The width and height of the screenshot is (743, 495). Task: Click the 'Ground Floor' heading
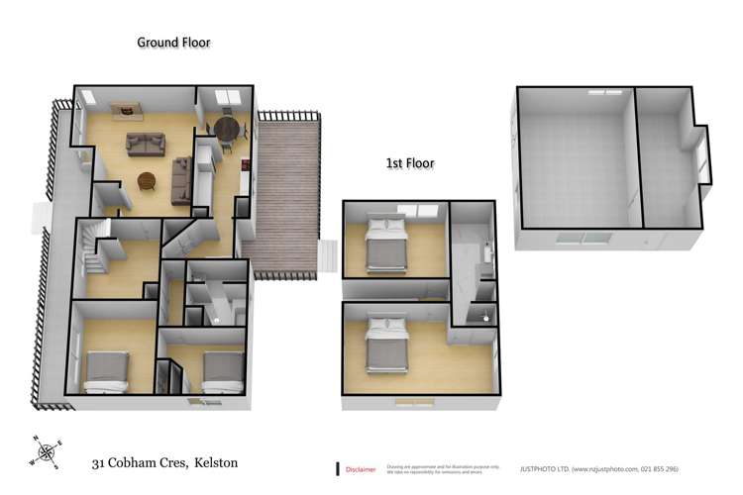173,43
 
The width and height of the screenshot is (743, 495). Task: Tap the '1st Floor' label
409,163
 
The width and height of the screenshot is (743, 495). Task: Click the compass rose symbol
45,453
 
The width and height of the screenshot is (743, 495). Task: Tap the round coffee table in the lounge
147,182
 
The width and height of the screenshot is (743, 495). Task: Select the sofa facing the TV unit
145,145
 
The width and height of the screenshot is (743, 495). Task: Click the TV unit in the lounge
127,109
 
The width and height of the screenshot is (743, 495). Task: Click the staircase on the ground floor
94,247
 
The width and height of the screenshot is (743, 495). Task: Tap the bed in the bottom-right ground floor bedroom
223,370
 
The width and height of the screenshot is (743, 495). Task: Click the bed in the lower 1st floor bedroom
386,344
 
